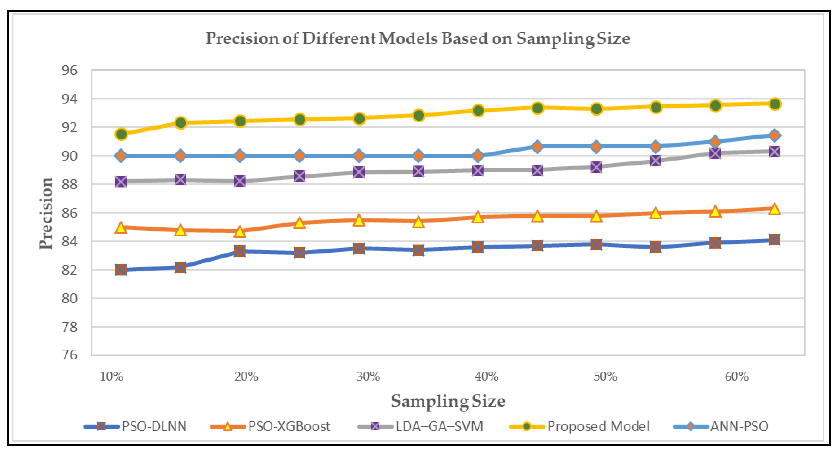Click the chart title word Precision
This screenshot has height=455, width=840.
[243, 39]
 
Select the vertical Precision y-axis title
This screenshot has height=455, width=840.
[46, 213]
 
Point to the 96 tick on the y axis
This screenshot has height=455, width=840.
[70, 70]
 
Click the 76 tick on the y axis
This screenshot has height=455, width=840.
[70, 355]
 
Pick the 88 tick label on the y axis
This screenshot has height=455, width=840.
[70, 185]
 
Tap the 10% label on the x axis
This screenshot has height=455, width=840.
[112, 377]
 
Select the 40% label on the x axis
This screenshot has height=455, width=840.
[486, 377]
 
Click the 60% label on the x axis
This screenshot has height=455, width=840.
[737, 377]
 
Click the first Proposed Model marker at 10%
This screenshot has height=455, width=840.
[121, 134]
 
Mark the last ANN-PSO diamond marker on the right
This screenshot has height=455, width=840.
[775, 135]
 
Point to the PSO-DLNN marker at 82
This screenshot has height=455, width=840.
[121, 270]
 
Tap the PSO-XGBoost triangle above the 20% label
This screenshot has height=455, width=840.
[240, 231]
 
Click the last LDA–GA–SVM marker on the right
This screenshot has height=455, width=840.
[775, 152]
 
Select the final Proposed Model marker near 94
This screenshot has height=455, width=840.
[775, 104]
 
